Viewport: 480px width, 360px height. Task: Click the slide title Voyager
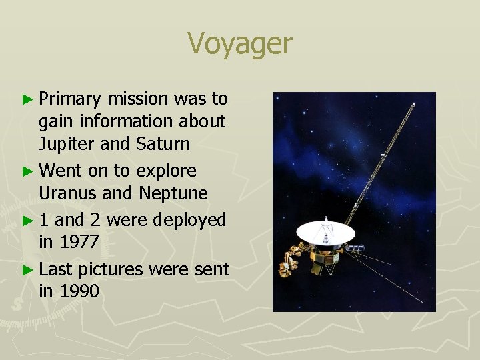240,44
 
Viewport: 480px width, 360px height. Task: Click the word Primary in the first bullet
70,99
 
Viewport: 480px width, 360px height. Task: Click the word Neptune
174,194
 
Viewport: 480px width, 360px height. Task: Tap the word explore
166,171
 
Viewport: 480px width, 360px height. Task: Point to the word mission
138,99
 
